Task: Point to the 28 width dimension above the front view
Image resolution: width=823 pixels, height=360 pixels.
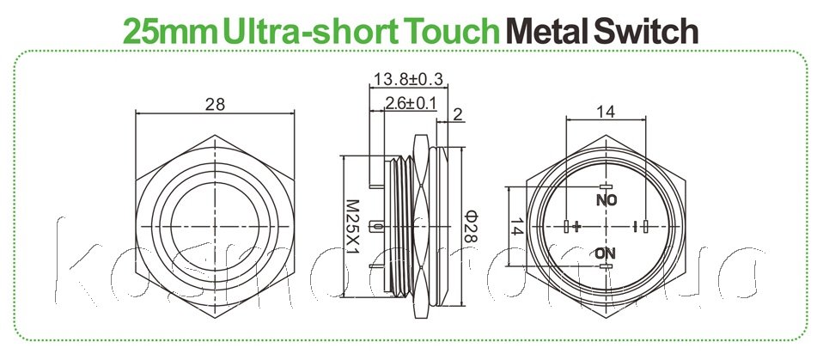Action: click(216, 104)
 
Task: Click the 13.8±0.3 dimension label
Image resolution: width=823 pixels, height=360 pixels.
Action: click(407, 80)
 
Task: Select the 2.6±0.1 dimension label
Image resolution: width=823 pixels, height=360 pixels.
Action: click(411, 104)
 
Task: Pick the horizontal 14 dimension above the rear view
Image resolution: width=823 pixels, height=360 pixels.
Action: click(606, 111)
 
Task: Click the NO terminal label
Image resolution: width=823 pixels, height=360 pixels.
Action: click(606, 199)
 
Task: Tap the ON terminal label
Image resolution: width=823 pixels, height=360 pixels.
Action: click(605, 253)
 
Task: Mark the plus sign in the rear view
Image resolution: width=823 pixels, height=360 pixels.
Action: click(577, 227)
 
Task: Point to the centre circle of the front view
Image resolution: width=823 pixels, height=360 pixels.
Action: click(216, 226)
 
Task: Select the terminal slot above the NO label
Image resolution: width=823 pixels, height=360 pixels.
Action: click(606, 186)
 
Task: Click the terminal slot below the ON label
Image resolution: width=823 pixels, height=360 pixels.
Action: click(606, 267)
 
